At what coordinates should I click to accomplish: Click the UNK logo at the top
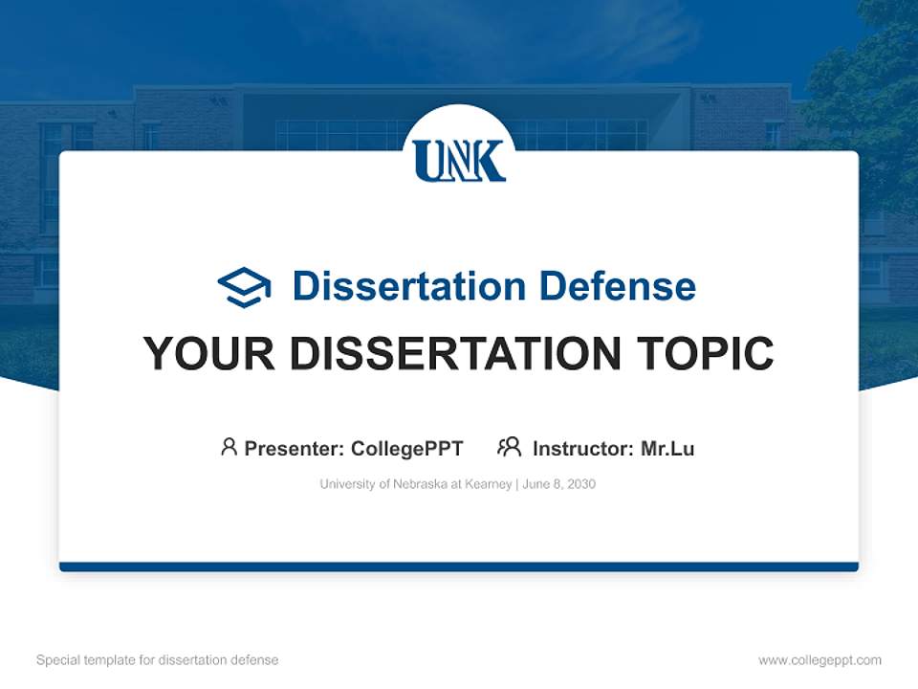coord(459,160)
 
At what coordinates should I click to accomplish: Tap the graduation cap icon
coord(244,287)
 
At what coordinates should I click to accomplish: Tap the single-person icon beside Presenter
coord(229,447)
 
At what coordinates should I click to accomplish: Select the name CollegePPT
coord(406,449)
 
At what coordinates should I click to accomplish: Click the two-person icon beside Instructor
coord(509,447)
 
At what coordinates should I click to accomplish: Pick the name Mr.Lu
coord(667,449)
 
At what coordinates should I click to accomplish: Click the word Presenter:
coord(295,449)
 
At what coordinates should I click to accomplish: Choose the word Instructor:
coord(582,449)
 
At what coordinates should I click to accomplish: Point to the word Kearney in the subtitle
coord(489,484)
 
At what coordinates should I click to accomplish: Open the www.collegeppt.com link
coord(820,660)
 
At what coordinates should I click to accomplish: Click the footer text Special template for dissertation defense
coord(157,660)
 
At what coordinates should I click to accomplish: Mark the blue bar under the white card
coord(459,567)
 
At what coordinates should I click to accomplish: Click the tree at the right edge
coord(875,96)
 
